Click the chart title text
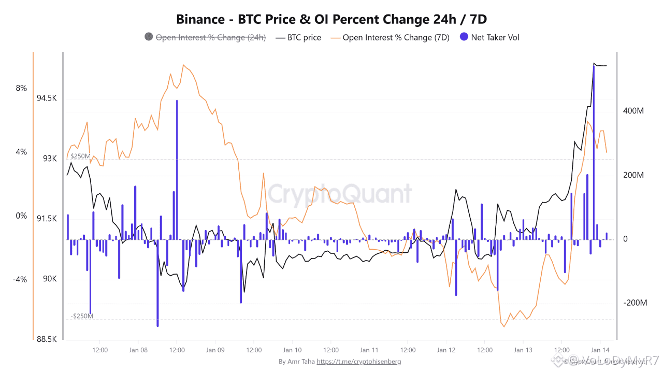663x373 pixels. click(x=331, y=20)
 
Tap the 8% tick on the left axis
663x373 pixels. click(x=21, y=88)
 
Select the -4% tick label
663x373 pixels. click(x=20, y=280)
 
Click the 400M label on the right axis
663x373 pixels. click(x=633, y=111)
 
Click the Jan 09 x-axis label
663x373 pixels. click(x=215, y=350)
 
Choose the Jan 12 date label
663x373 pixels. click(x=446, y=350)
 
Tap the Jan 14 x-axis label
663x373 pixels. click(x=600, y=350)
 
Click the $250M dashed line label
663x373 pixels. click(x=80, y=156)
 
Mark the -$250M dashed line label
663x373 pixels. click(x=82, y=316)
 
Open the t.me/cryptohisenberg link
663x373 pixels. click(x=358, y=362)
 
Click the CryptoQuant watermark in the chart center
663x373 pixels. click(x=339, y=194)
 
